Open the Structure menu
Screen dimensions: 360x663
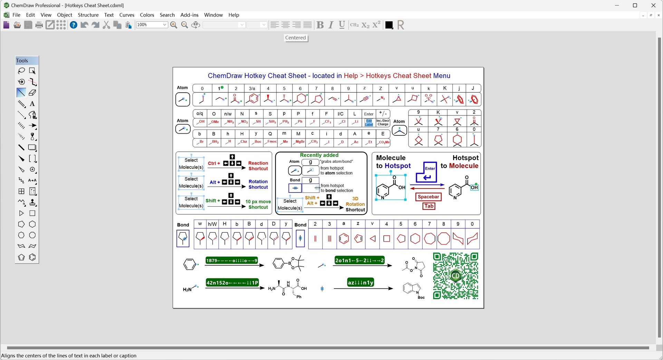pyautogui.click(x=88, y=15)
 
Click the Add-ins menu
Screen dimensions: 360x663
pyautogui.click(x=189, y=15)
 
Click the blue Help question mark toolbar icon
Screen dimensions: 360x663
pyautogui.click(x=74, y=25)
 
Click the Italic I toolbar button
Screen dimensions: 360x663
pyautogui.click(x=331, y=25)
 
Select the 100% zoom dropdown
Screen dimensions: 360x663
pyautogui.click(x=152, y=25)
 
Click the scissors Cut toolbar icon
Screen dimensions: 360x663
pyautogui.click(x=106, y=25)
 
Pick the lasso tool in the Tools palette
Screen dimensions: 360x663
pyautogui.click(x=21, y=71)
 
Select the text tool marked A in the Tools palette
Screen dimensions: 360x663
pyautogui.click(x=32, y=104)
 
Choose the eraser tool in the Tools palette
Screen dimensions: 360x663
pyautogui.click(x=32, y=93)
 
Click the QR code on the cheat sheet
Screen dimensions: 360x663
pyautogui.click(x=455, y=276)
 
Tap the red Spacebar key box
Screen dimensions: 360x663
pyautogui.click(x=428, y=197)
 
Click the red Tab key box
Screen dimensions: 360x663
pyautogui.click(x=429, y=206)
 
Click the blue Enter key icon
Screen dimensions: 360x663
pyautogui.click(x=427, y=172)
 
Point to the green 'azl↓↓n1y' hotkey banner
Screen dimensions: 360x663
pyautogui.click(x=361, y=282)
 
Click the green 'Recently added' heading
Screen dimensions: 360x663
pyautogui.click(x=319, y=155)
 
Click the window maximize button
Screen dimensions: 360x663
pyautogui.click(x=635, y=5)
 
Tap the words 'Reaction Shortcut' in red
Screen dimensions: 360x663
pyautogui.click(x=258, y=166)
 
